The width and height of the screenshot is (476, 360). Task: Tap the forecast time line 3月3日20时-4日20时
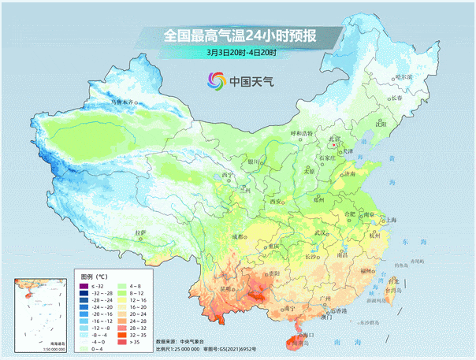point(236,53)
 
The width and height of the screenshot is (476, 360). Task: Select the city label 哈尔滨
point(403,76)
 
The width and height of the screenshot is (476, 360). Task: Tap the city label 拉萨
point(141,232)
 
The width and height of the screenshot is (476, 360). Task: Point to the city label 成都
point(239,235)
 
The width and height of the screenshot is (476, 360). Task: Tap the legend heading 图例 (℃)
point(95,277)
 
